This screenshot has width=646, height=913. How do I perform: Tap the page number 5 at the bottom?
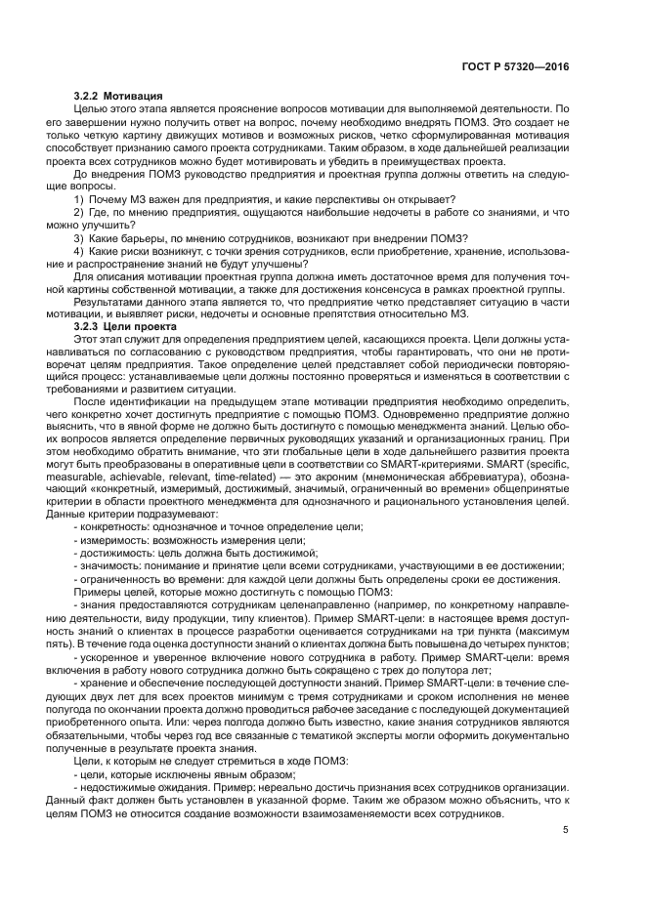point(566,830)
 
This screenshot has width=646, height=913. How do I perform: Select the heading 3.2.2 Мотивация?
point(117,97)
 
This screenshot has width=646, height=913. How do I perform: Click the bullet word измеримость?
point(112,541)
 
